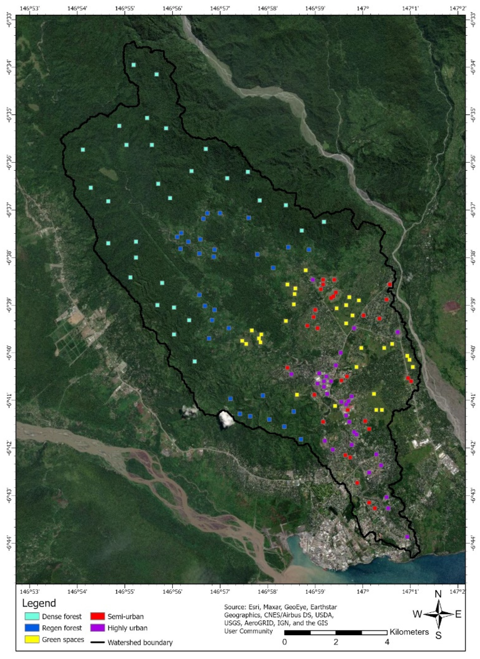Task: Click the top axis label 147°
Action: click(x=363, y=8)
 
